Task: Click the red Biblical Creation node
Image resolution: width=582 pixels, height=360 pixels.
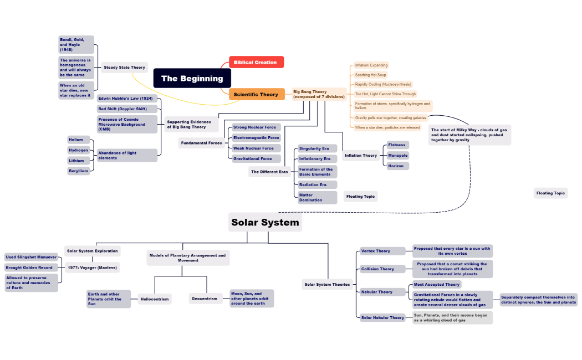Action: pyautogui.click(x=256, y=63)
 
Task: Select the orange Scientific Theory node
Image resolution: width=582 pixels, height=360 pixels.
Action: pyautogui.click(x=257, y=95)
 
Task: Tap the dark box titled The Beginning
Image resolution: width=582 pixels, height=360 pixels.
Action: pyautogui.click(x=192, y=79)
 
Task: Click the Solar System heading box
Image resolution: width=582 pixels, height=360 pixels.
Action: pyautogui.click(x=265, y=223)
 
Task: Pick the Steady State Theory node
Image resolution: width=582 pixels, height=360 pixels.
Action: pyautogui.click(x=124, y=68)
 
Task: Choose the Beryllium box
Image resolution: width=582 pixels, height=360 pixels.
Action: pyautogui.click(x=78, y=171)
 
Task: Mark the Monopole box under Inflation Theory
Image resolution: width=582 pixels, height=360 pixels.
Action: pyautogui.click(x=397, y=156)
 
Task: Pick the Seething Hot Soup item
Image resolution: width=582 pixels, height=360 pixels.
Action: pyautogui.click(x=371, y=75)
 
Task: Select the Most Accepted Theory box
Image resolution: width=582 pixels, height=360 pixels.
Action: pyautogui.click(x=437, y=285)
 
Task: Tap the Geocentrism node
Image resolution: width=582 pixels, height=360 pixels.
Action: pyautogui.click(x=205, y=299)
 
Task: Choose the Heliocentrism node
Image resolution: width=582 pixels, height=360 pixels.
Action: pyautogui.click(x=155, y=299)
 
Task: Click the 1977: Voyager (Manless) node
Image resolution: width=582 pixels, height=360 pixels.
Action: pyautogui.click(x=92, y=268)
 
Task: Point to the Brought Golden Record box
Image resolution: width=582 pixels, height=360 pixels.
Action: pyautogui.click(x=30, y=268)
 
